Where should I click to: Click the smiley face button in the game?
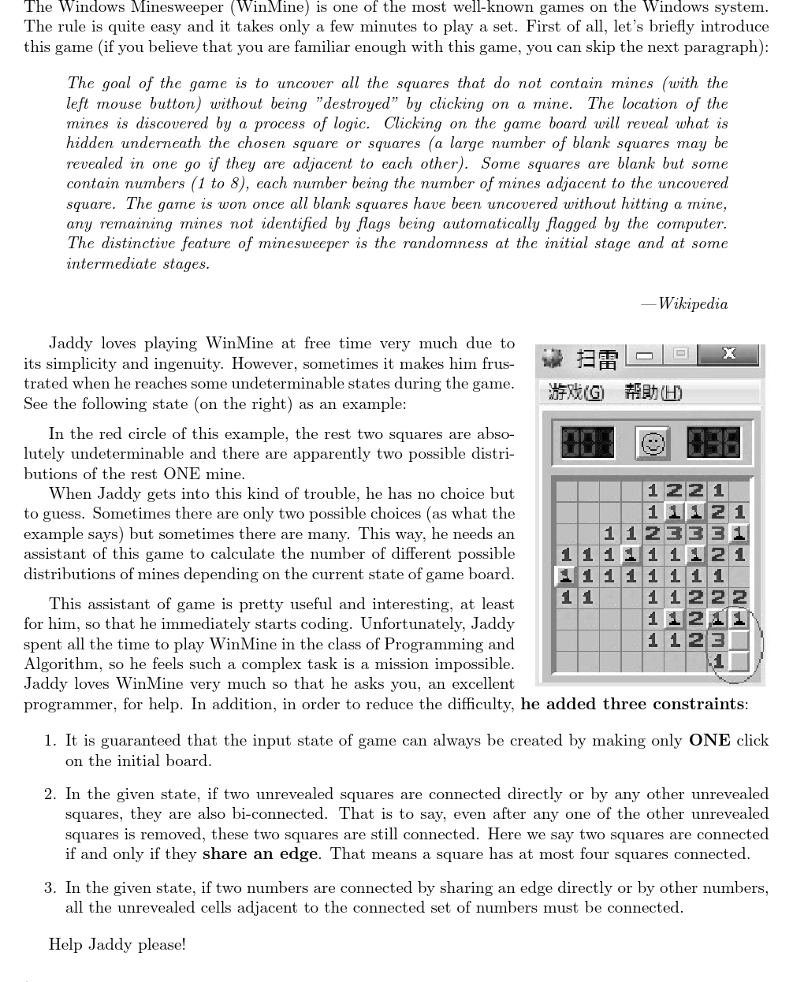coord(652,444)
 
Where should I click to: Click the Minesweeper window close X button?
coord(729,355)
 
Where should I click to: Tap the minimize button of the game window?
coord(644,355)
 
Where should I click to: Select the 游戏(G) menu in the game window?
coord(576,392)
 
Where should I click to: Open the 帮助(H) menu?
coord(653,392)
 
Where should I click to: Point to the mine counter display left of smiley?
coord(587,443)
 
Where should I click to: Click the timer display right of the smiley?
coord(713,443)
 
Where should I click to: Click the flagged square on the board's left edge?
coord(565,577)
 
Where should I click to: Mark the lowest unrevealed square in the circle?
coord(739,660)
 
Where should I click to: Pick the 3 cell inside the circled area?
coord(717,640)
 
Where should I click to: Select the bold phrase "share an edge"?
coord(260,854)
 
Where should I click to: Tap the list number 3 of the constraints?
coord(50,888)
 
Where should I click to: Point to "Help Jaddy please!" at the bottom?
coord(117,944)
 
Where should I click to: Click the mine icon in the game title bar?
coord(553,359)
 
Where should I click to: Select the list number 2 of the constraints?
coord(50,794)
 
